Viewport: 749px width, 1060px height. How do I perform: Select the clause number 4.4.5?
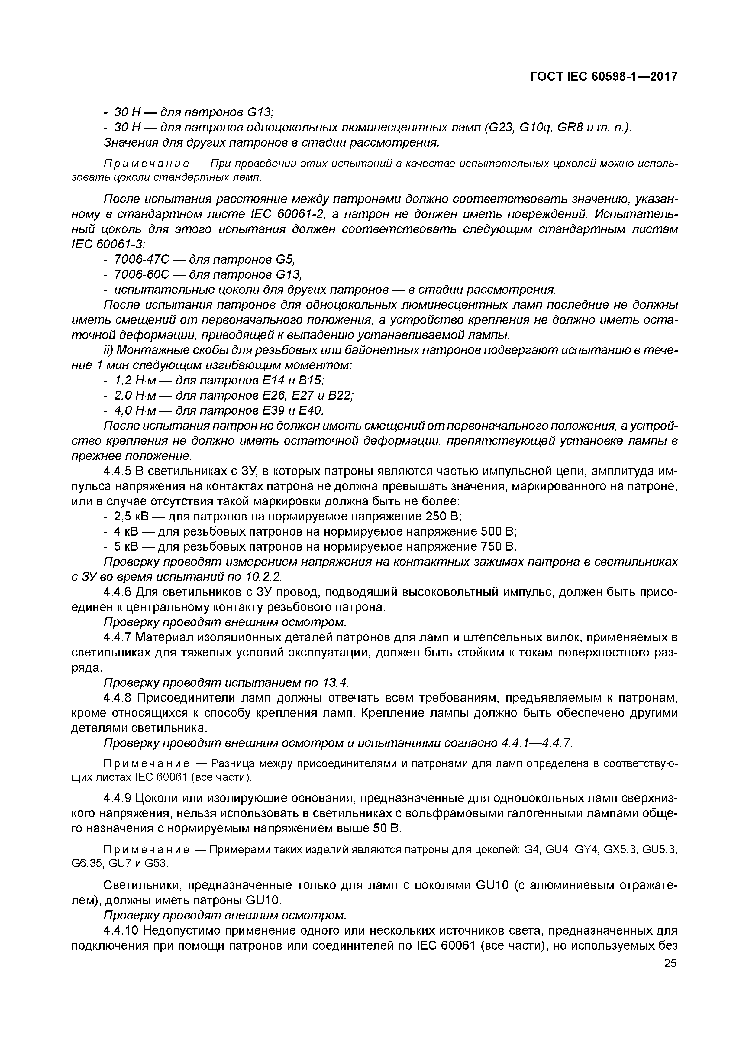click(117, 472)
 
